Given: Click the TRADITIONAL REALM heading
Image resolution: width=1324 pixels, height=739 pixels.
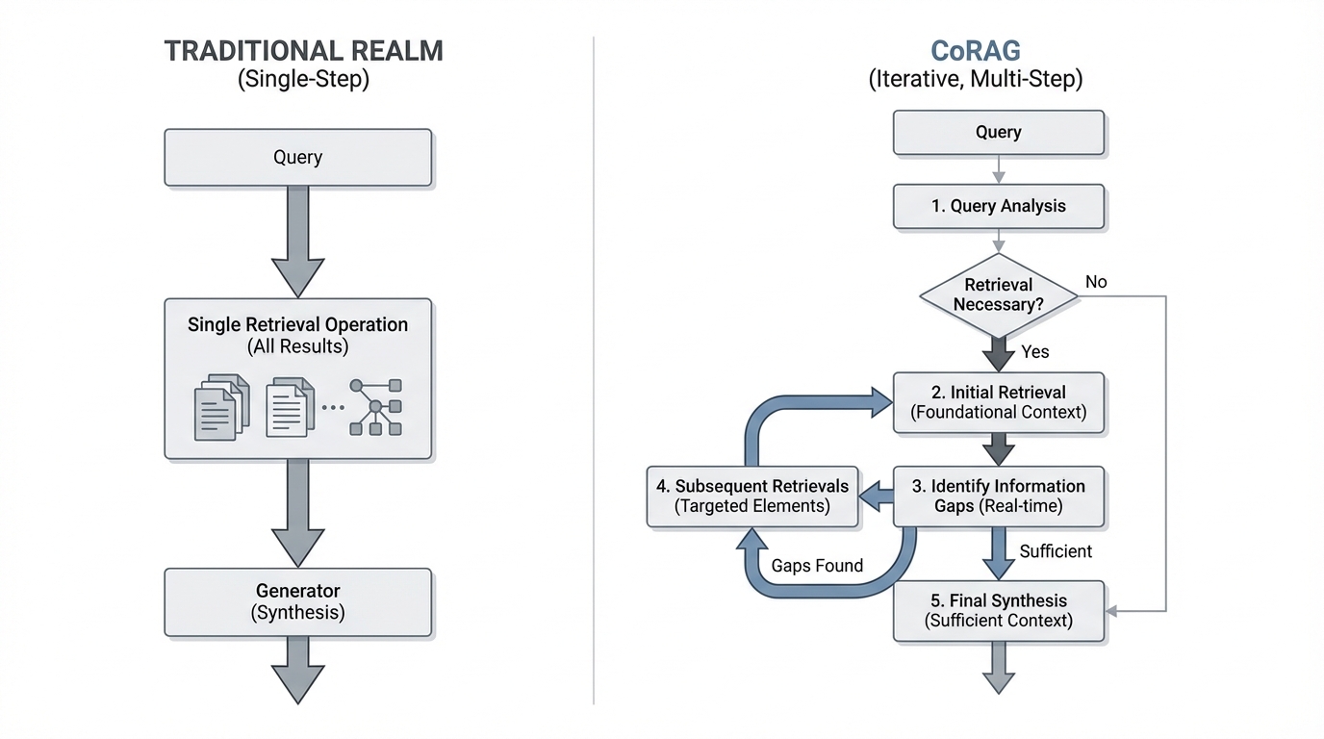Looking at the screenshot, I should [303, 51].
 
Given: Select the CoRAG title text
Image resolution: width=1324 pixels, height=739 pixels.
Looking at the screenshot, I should [975, 51].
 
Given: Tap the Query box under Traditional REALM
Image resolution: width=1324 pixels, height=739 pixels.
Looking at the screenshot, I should [297, 158].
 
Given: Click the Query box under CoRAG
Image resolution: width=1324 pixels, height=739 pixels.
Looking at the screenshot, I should [998, 133].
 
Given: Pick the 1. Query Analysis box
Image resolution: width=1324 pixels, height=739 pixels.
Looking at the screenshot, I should [998, 206].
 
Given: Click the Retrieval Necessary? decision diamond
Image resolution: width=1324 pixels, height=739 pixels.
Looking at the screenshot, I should [998, 295].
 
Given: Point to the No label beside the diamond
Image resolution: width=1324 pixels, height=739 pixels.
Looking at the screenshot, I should [1096, 282].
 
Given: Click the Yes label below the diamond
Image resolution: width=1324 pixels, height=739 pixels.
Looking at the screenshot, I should [1035, 352].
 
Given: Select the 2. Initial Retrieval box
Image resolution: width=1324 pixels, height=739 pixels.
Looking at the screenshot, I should [998, 402].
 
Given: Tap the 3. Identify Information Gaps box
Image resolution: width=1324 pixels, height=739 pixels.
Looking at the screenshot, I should [998, 497].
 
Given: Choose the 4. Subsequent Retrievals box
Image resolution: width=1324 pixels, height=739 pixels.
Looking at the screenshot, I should [752, 497].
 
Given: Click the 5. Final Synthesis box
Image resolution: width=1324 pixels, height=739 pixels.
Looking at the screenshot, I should [998, 610].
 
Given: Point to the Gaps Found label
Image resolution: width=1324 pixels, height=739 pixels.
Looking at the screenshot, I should [817, 566].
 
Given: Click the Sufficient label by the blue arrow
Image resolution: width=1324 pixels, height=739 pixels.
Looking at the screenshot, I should [1056, 551].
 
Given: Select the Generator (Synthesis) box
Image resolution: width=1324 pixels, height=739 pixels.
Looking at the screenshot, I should [297, 601].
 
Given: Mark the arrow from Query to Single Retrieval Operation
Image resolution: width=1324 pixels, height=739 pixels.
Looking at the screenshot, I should [297, 241].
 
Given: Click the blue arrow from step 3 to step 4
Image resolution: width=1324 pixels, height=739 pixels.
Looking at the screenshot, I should [876, 497].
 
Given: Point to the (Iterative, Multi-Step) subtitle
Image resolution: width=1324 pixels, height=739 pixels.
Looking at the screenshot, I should [975, 79].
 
